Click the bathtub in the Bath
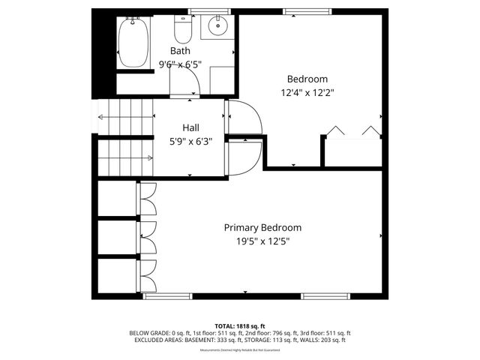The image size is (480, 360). (135, 43)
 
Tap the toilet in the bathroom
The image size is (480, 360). (182, 31)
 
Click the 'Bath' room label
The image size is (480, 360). (180, 51)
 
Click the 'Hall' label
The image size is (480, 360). (190, 128)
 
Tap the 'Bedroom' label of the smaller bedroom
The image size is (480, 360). (307, 79)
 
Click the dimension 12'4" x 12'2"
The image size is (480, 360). (307, 93)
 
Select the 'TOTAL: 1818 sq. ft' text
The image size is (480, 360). (240, 326)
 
